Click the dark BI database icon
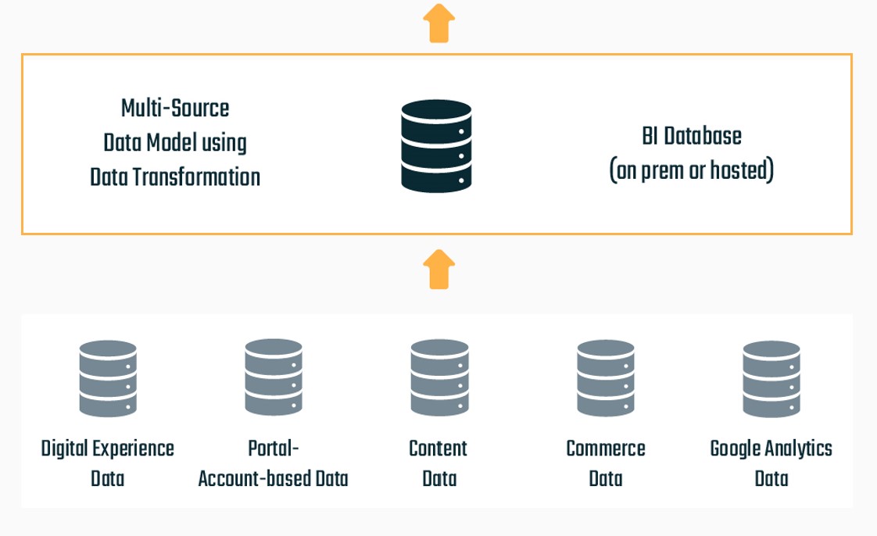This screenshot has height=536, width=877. [436, 145]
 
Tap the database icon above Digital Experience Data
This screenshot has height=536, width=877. [108, 378]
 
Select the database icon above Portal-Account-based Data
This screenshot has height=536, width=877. [273, 377]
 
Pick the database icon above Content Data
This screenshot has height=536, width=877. [439, 377]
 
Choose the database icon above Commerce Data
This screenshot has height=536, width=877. [606, 378]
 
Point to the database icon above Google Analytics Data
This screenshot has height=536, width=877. [771, 378]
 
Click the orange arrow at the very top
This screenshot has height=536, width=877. [439, 23]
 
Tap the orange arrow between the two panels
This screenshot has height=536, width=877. [439, 270]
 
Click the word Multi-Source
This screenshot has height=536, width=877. [175, 108]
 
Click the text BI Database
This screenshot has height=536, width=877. [691, 136]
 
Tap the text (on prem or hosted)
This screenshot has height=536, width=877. [691, 170]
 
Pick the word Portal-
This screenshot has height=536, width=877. [274, 448]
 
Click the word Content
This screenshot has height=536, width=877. [438, 448]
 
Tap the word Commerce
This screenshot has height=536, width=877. [606, 448]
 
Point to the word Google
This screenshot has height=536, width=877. [736, 449]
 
